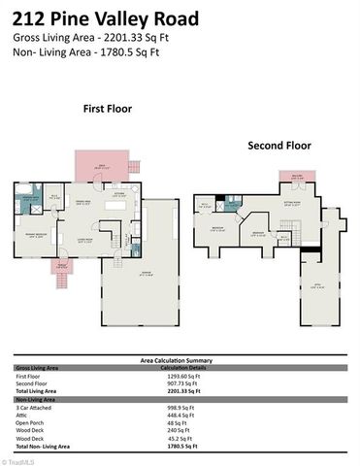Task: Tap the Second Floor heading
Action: (x=279, y=146)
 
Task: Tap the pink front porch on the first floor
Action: (x=61, y=265)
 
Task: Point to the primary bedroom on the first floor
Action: (x=39, y=233)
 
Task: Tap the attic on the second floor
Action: (x=319, y=282)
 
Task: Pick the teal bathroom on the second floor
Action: (x=231, y=203)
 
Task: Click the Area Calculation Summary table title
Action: (x=180, y=360)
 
